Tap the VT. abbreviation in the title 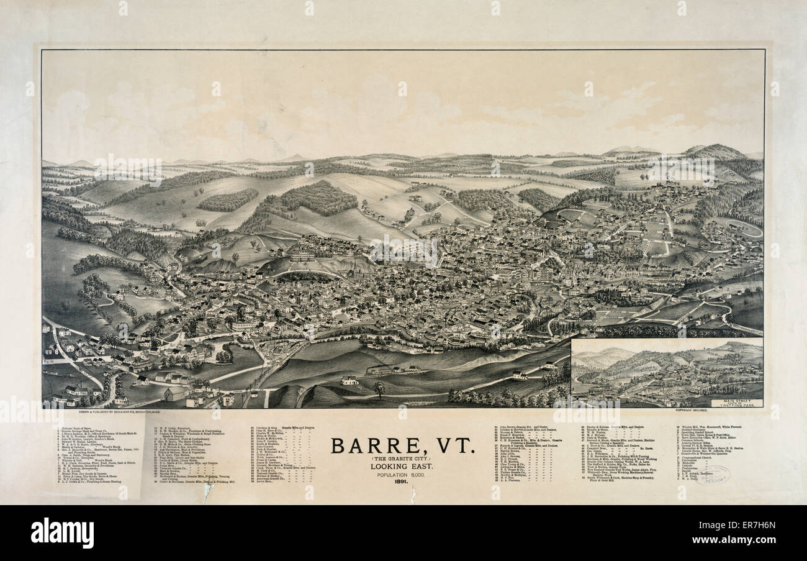[x=454, y=446]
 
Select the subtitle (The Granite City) [x=403, y=458]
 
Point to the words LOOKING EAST [x=403, y=466]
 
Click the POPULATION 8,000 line [x=403, y=474]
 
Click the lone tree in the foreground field [x=379, y=389]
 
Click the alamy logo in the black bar [x=62, y=533]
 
